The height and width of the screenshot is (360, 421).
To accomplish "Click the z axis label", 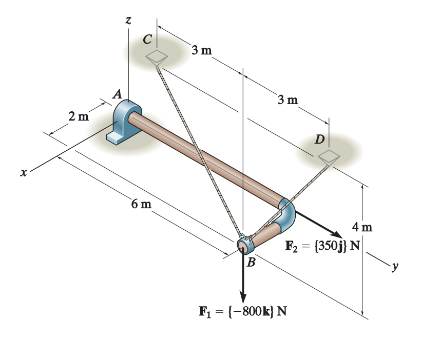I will pos(128,21).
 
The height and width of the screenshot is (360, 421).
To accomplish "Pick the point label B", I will pos(251,264).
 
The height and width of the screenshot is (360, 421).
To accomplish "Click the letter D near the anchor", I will pos(319,139).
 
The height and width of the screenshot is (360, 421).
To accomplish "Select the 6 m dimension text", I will pos(141,205).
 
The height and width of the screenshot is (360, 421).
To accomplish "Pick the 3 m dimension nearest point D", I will pos(288,99).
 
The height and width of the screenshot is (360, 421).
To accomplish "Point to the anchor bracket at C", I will pos(156,56).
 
